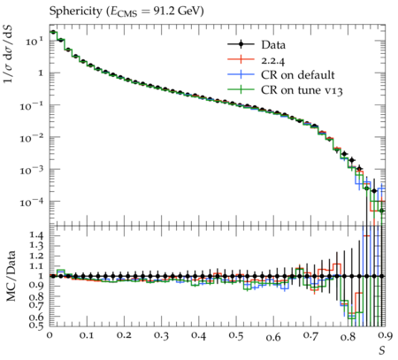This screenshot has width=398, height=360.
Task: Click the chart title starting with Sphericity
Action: pos(126,11)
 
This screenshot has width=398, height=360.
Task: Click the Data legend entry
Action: pos(256,45)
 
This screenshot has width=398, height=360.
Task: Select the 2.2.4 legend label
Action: pos(273,60)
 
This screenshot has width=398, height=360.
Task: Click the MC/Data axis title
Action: pos(11,276)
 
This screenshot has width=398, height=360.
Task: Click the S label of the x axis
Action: pos(382,350)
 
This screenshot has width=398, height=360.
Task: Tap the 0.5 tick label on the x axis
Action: pos(236,336)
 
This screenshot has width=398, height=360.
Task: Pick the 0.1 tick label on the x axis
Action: pos(87,336)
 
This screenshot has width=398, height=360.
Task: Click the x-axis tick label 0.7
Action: pos(310,336)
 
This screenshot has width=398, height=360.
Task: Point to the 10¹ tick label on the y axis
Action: pos(34,42)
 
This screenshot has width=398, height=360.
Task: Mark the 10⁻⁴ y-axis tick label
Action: pos(32,203)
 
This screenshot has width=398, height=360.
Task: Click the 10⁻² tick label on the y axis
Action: pos(32,138)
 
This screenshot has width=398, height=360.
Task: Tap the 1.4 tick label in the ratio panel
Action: pos(36,235)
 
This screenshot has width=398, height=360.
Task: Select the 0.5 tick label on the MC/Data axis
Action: pos(36,325)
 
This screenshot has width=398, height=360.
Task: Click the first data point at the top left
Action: pos(53,32)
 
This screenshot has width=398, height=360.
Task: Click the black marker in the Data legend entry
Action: pos(241,44)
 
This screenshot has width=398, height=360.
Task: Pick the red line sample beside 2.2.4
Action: pos(241,59)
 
